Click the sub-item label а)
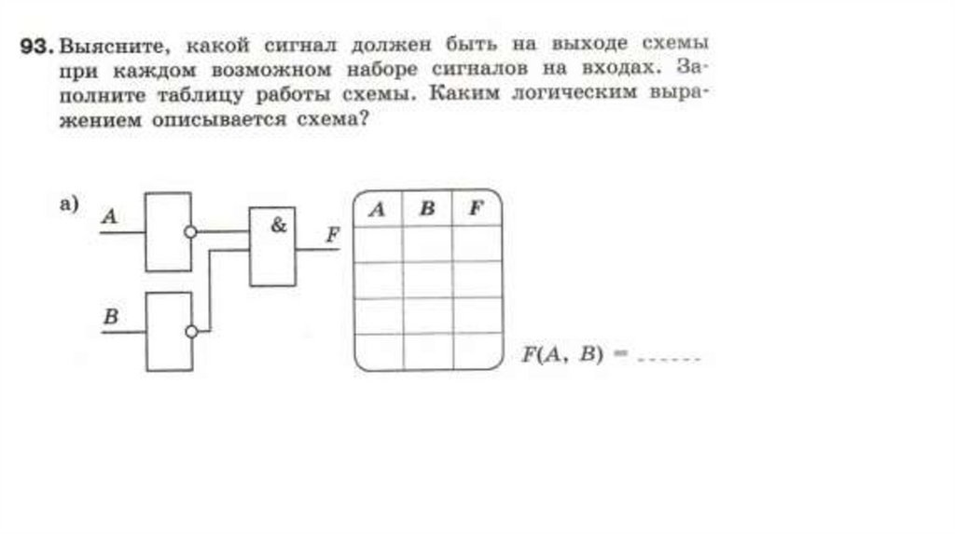(69, 205)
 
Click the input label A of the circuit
(109, 216)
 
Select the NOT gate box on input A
(168, 231)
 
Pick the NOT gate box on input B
(168, 331)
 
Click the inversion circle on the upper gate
(191, 231)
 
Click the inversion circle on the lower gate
(191, 331)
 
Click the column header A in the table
(377, 209)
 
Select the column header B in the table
(427, 209)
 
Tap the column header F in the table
(476, 209)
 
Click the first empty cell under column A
(378, 243)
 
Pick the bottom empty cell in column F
(477, 351)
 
